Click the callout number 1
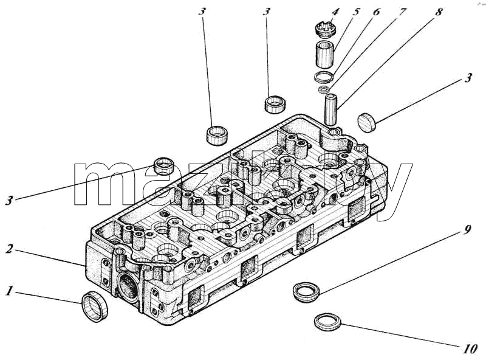[10, 291]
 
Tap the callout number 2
[10, 248]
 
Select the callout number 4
[335, 12]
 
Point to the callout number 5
[356, 12]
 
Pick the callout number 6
[376, 12]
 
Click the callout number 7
[402, 12]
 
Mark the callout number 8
[438, 12]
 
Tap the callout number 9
[467, 230]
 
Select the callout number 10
[470, 349]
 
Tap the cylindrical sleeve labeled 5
[325, 54]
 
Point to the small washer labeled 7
[324, 90]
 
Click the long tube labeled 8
[330, 110]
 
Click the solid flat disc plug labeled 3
[367, 123]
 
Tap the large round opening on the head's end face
[128, 286]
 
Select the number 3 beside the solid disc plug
[468, 78]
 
